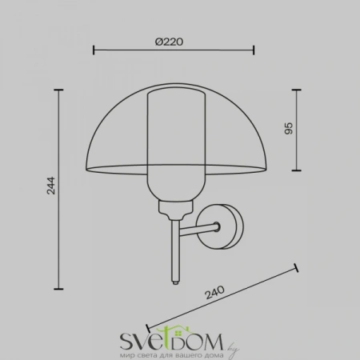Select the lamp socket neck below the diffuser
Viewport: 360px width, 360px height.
pyautogui.click(x=174, y=210)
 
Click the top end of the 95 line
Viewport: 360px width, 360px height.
pyautogui.click(x=297, y=89)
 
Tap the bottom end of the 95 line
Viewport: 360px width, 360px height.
pyautogui.click(x=297, y=170)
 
